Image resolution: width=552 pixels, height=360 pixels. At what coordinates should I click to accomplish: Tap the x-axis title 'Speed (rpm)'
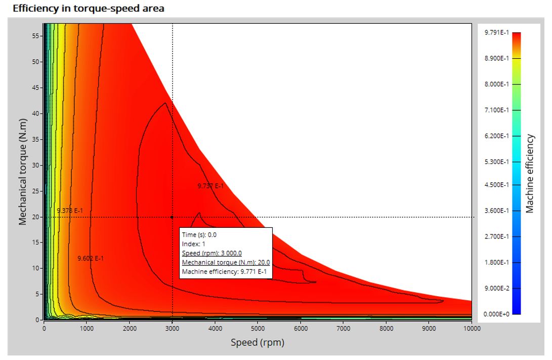[257, 342]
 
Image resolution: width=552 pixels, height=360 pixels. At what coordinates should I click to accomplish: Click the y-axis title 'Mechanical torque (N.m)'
[23, 172]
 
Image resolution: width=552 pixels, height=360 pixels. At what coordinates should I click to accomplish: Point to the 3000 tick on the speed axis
[172, 329]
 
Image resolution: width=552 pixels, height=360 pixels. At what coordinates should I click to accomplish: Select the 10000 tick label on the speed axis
[472, 329]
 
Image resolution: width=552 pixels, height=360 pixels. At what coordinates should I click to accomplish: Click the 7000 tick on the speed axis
[343, 329]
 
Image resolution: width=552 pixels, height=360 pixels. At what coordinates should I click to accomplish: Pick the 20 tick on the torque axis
[35, 217]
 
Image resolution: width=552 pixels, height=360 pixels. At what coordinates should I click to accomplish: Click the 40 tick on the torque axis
[35, 113]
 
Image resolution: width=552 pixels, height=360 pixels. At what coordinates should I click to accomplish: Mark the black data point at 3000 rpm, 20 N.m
[172, 217]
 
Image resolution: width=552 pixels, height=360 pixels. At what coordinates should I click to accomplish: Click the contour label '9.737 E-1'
[210, 186]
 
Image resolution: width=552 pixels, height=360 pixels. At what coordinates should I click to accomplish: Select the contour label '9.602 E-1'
[91, 258]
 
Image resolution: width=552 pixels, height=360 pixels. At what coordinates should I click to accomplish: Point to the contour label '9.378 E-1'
[70, 210]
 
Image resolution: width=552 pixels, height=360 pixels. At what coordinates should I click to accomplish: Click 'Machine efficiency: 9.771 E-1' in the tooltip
[224, 272]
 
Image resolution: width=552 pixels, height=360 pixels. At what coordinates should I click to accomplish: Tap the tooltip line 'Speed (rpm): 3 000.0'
[212, 253]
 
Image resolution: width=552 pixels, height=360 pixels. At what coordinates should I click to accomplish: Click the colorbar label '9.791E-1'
[496, 32]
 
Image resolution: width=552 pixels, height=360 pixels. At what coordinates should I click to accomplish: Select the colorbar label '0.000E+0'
[496, 314]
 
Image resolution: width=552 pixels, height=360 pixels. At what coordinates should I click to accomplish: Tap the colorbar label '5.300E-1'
[496, 162]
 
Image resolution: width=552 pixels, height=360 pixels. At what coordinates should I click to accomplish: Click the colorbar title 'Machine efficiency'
[529, 173]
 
